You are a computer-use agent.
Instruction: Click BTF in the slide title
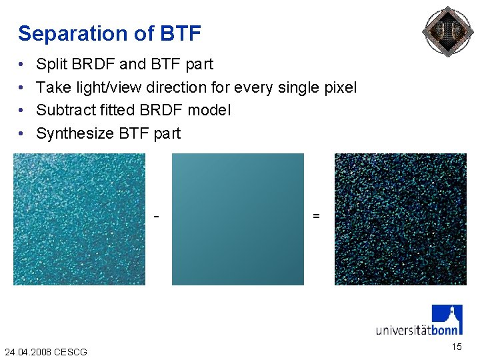[181, 33]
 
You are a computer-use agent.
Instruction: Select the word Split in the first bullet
[50, 64]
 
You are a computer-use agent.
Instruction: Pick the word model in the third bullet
[210, 110]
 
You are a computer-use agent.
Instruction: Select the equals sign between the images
[316, 217]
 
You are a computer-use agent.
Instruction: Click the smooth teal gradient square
[238, 219]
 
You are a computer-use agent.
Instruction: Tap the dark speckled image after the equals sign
[401, 219]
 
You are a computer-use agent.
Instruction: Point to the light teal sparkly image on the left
[79, 219]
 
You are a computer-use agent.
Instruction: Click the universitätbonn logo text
[417, 329]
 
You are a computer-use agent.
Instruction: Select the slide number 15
[456, 347]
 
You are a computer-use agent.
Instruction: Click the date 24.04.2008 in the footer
[27, 351]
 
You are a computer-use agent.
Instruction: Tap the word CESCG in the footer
[70, 351]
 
